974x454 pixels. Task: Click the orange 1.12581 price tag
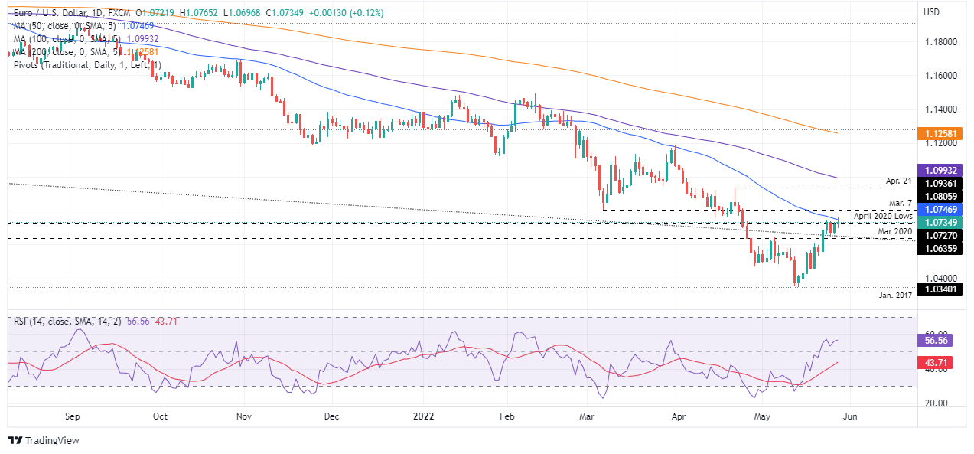click(941, 132)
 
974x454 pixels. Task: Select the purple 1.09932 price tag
click(941, 170)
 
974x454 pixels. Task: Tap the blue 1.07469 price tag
click(941, 209)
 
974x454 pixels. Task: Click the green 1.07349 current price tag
click(941, 223)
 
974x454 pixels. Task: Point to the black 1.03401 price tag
click(941, 289)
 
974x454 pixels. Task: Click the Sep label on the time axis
click(73, 417)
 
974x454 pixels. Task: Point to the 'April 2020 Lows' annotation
click(883, 217)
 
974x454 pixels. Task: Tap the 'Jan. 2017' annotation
click(894, 296)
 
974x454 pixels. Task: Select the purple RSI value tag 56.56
click(941, 340)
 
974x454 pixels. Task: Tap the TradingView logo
click(44, 440)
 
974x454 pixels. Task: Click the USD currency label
click(931, 12)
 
